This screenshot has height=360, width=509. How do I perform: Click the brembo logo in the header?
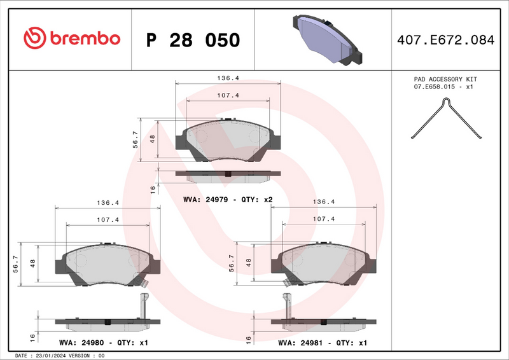point(71,39)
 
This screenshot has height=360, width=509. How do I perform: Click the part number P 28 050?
point(193,40)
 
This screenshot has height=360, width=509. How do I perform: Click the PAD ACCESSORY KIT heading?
point(445,79)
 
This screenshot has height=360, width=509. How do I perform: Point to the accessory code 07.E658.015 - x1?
point(445,87)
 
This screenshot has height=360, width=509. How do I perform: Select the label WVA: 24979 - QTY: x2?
point(228,199)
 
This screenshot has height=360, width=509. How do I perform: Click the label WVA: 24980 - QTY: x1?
point(103,342)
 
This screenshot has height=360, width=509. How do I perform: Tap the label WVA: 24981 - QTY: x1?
point(323,342)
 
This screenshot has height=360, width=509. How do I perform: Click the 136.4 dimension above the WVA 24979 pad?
point(228,78)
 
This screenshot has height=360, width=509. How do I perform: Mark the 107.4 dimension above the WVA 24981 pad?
point(324,219)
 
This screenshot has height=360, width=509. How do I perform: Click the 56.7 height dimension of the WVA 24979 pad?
point(135,140)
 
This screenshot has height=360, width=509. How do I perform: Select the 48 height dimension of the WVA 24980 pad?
point(32,263)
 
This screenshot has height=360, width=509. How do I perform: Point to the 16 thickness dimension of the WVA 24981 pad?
point(249,338)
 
